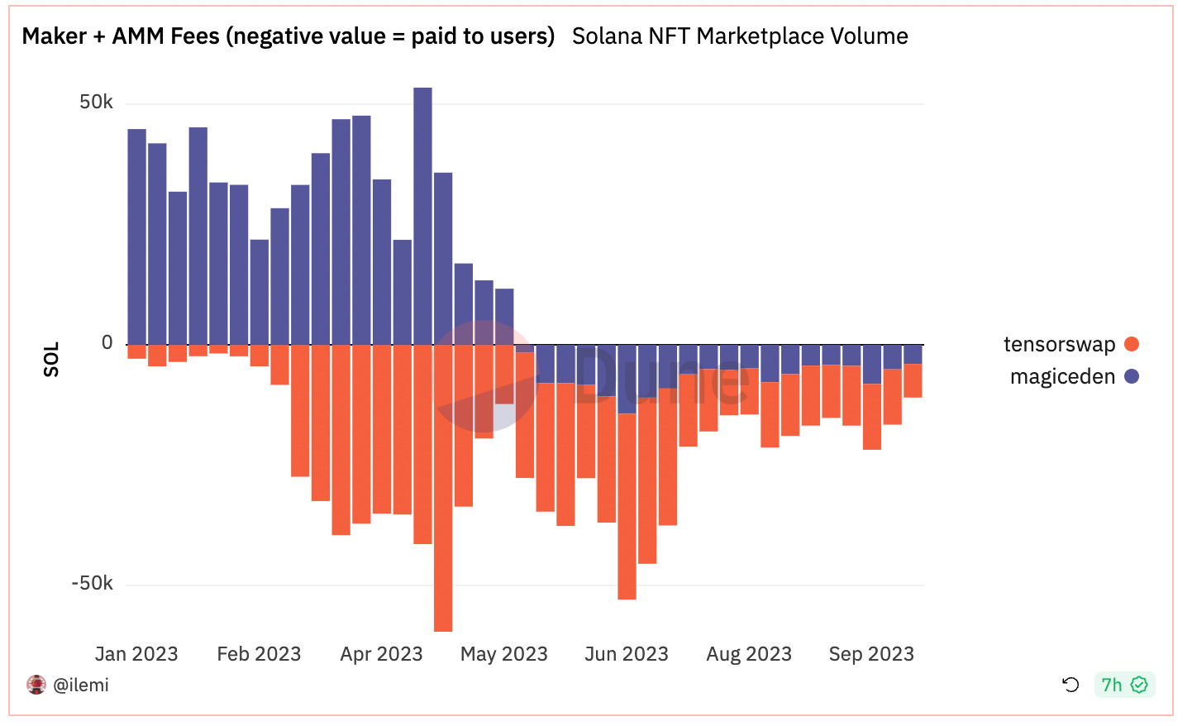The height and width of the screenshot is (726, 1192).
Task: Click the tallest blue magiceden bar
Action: (422, 216)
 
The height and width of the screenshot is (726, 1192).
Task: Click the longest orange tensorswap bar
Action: (443, 488)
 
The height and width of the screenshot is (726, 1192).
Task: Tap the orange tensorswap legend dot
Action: (1132, 344)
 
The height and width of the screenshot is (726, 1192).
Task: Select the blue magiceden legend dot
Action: (1132, 376)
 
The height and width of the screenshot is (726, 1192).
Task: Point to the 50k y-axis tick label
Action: (96, 103)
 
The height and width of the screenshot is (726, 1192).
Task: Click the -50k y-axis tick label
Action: (92, 584)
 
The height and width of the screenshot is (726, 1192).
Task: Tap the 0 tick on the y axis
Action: (107, 343)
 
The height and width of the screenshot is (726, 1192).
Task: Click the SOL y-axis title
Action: (51, 360)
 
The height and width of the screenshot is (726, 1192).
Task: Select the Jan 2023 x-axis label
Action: (136, 654)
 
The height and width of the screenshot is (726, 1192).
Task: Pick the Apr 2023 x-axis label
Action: (381, 654)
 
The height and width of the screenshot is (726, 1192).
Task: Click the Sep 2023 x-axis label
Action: (871, 654)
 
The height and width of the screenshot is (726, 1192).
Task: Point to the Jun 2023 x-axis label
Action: (626, 654)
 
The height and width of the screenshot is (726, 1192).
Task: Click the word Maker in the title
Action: (55, 36)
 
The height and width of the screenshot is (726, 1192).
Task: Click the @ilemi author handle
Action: (81, 685)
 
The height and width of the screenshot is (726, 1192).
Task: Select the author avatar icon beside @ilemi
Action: (36, 685)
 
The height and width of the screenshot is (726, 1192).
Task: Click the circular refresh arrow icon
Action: (1070, 685)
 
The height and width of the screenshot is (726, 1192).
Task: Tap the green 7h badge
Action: (1123, 685)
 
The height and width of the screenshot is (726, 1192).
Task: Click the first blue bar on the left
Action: (136, 236)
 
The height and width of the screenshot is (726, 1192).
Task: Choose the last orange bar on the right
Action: (913, 380)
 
